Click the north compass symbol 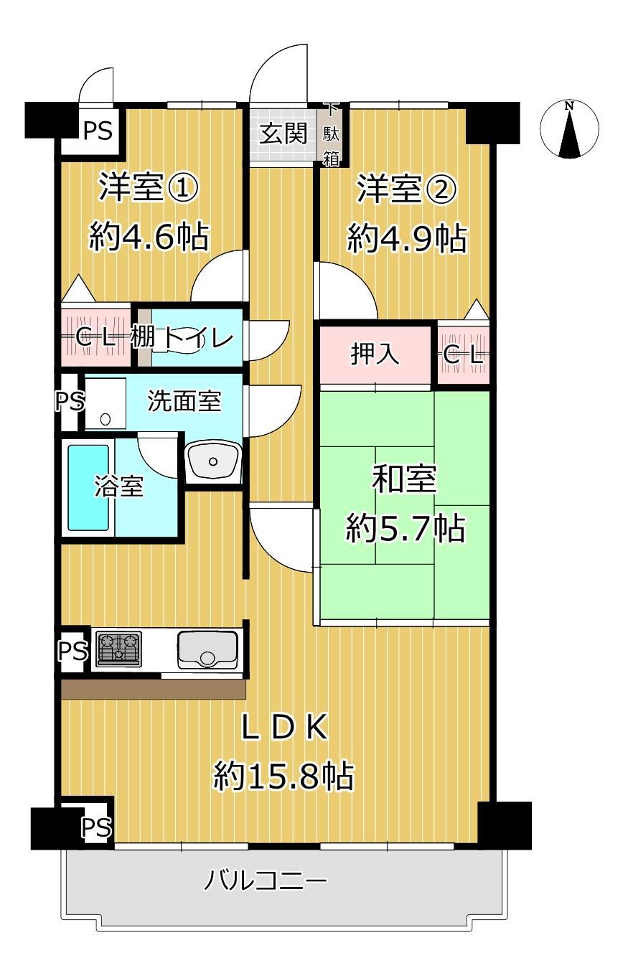(x=569, y=128)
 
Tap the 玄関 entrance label (x=283, y=133)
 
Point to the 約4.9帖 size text (x=407, y=238)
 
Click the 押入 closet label (x=375, y=354)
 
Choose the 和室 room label (x=404, y=479)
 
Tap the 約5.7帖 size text (x=405, y=528)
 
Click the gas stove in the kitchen (x=119, y=648)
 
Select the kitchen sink (x=207, y=649)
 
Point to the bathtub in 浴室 (x=88, y=487)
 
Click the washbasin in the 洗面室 (x=212, y=461)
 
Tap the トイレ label (x=197, y=337)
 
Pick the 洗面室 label (x=184, y=401)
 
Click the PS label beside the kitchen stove (x=72, y=650)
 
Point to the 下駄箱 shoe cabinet (x=331, y=135)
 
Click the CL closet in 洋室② (x=464, y=355)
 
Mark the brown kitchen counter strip (x=154, y=690)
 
